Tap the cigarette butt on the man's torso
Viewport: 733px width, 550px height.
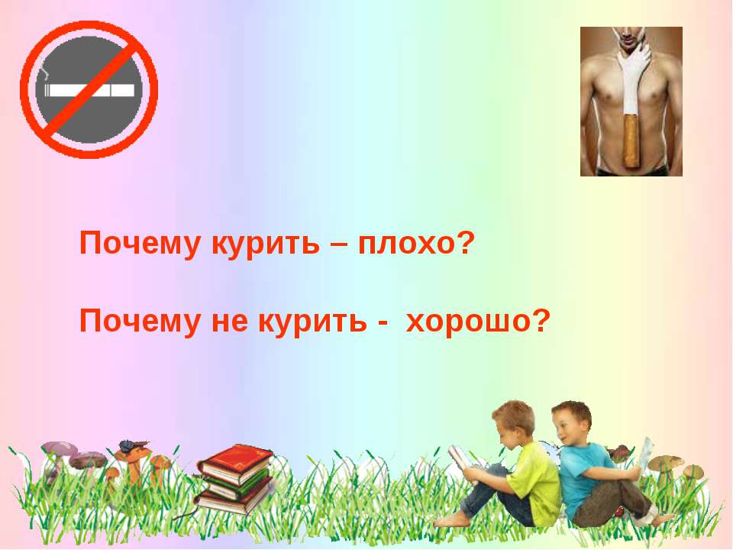pos(631,139)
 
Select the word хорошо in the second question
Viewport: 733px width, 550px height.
pos(478,322)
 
